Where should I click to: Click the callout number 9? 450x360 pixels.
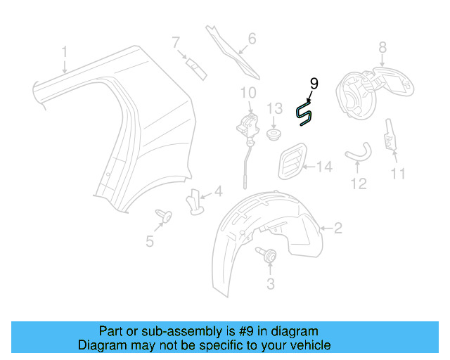click(x=314, y=83)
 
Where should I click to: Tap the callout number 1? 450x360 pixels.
click(x=64, y=51)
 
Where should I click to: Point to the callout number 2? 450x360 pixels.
click(x=337, y=227)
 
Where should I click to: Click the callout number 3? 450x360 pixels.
click(x=270, y=283)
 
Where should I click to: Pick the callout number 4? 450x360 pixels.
click(x=218, y=191)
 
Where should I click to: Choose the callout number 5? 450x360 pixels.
click(x=150, y=241)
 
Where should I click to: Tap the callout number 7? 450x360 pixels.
click(x=176, y=43)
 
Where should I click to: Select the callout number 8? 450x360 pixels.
click(x=382, y=48)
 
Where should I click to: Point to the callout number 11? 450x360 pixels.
click(x=399, y=172)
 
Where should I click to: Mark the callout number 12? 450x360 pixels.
click(x=359, y=184)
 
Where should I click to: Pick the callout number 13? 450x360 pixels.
click(x=274, y=108)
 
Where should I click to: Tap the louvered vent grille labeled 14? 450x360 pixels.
click(x=292, y=162)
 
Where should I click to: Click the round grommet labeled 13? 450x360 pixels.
click(x=274, y=133)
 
